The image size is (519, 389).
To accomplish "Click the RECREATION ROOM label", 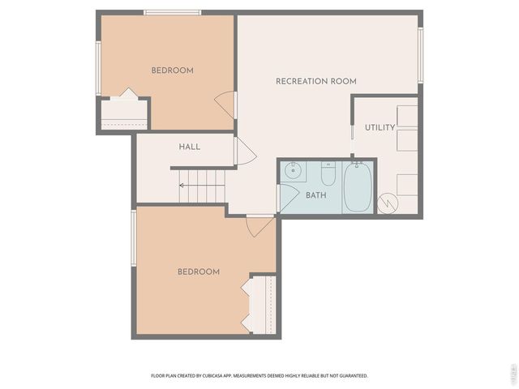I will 315,81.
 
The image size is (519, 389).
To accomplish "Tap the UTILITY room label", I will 380,127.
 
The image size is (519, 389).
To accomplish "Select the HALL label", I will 189,147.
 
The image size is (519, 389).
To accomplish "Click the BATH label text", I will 315,195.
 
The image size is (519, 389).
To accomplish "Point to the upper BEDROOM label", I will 172,71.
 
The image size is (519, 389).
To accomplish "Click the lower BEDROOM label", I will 198,271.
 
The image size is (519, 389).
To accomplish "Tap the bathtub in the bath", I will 357,187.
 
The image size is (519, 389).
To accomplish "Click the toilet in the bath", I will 328,174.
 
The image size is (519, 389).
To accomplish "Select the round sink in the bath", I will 294,171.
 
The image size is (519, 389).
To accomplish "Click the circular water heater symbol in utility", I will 388,203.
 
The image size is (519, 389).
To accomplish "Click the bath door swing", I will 287,197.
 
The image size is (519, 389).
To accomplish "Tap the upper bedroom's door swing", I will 225,105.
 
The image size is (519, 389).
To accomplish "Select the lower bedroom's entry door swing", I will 259,226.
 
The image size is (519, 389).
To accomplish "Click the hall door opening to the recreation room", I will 245,152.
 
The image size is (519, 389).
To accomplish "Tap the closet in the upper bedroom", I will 123,113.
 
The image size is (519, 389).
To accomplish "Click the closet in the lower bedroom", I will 262,304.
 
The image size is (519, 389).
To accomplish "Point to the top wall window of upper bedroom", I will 172,12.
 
